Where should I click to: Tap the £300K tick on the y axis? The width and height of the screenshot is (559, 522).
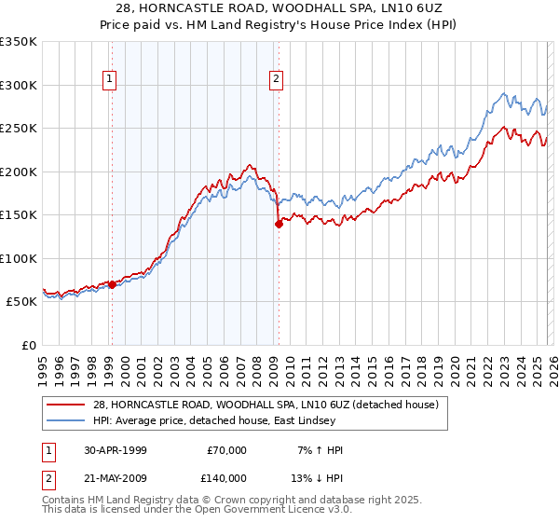pyautogui.click(x=19, y=85)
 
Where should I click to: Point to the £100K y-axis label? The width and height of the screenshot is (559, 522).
pyautogui.click(x=19, y=258)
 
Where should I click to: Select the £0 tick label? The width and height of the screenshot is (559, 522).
pyautogui.click(x=28, y=345)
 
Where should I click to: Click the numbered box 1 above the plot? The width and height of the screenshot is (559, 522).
pyautogui.click(x=111, y=80)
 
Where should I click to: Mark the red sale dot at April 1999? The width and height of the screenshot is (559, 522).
pyautogui.click(x=113, y=284)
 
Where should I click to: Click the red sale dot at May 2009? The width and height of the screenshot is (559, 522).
pyautogui.click(x=279, y=224)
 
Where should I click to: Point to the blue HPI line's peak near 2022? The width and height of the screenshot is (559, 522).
pyautogui.click(x=504, y=93)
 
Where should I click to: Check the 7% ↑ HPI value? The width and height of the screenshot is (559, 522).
pyautogui.click(x=320, y=450)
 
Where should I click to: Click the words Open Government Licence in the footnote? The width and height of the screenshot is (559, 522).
pyautogui.click(x=262, y=510)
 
